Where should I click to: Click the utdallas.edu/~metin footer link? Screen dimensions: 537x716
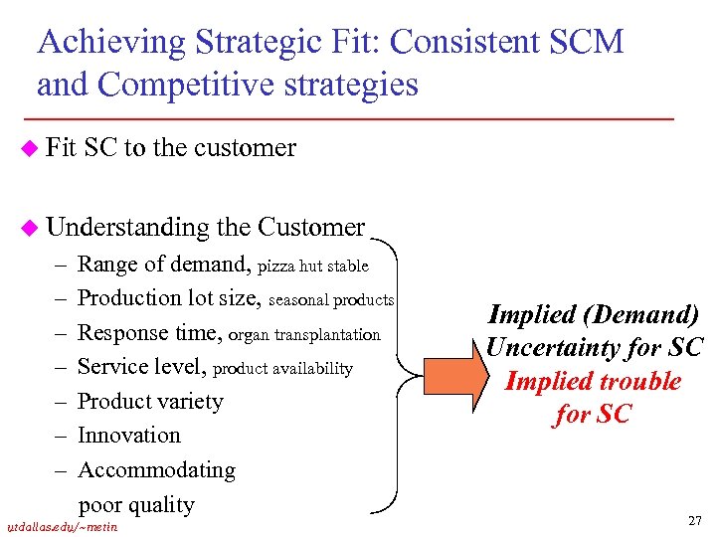pos(62,525)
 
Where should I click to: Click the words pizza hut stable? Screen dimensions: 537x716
pos(313,267)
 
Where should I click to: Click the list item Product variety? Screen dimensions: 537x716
pos(150,402)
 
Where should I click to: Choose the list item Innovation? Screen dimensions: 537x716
pos(129,436)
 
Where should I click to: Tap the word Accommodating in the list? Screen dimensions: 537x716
pos(156,469)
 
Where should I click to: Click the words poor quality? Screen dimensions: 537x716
pos(136,504)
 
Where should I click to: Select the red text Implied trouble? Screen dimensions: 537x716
pos(593,381)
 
